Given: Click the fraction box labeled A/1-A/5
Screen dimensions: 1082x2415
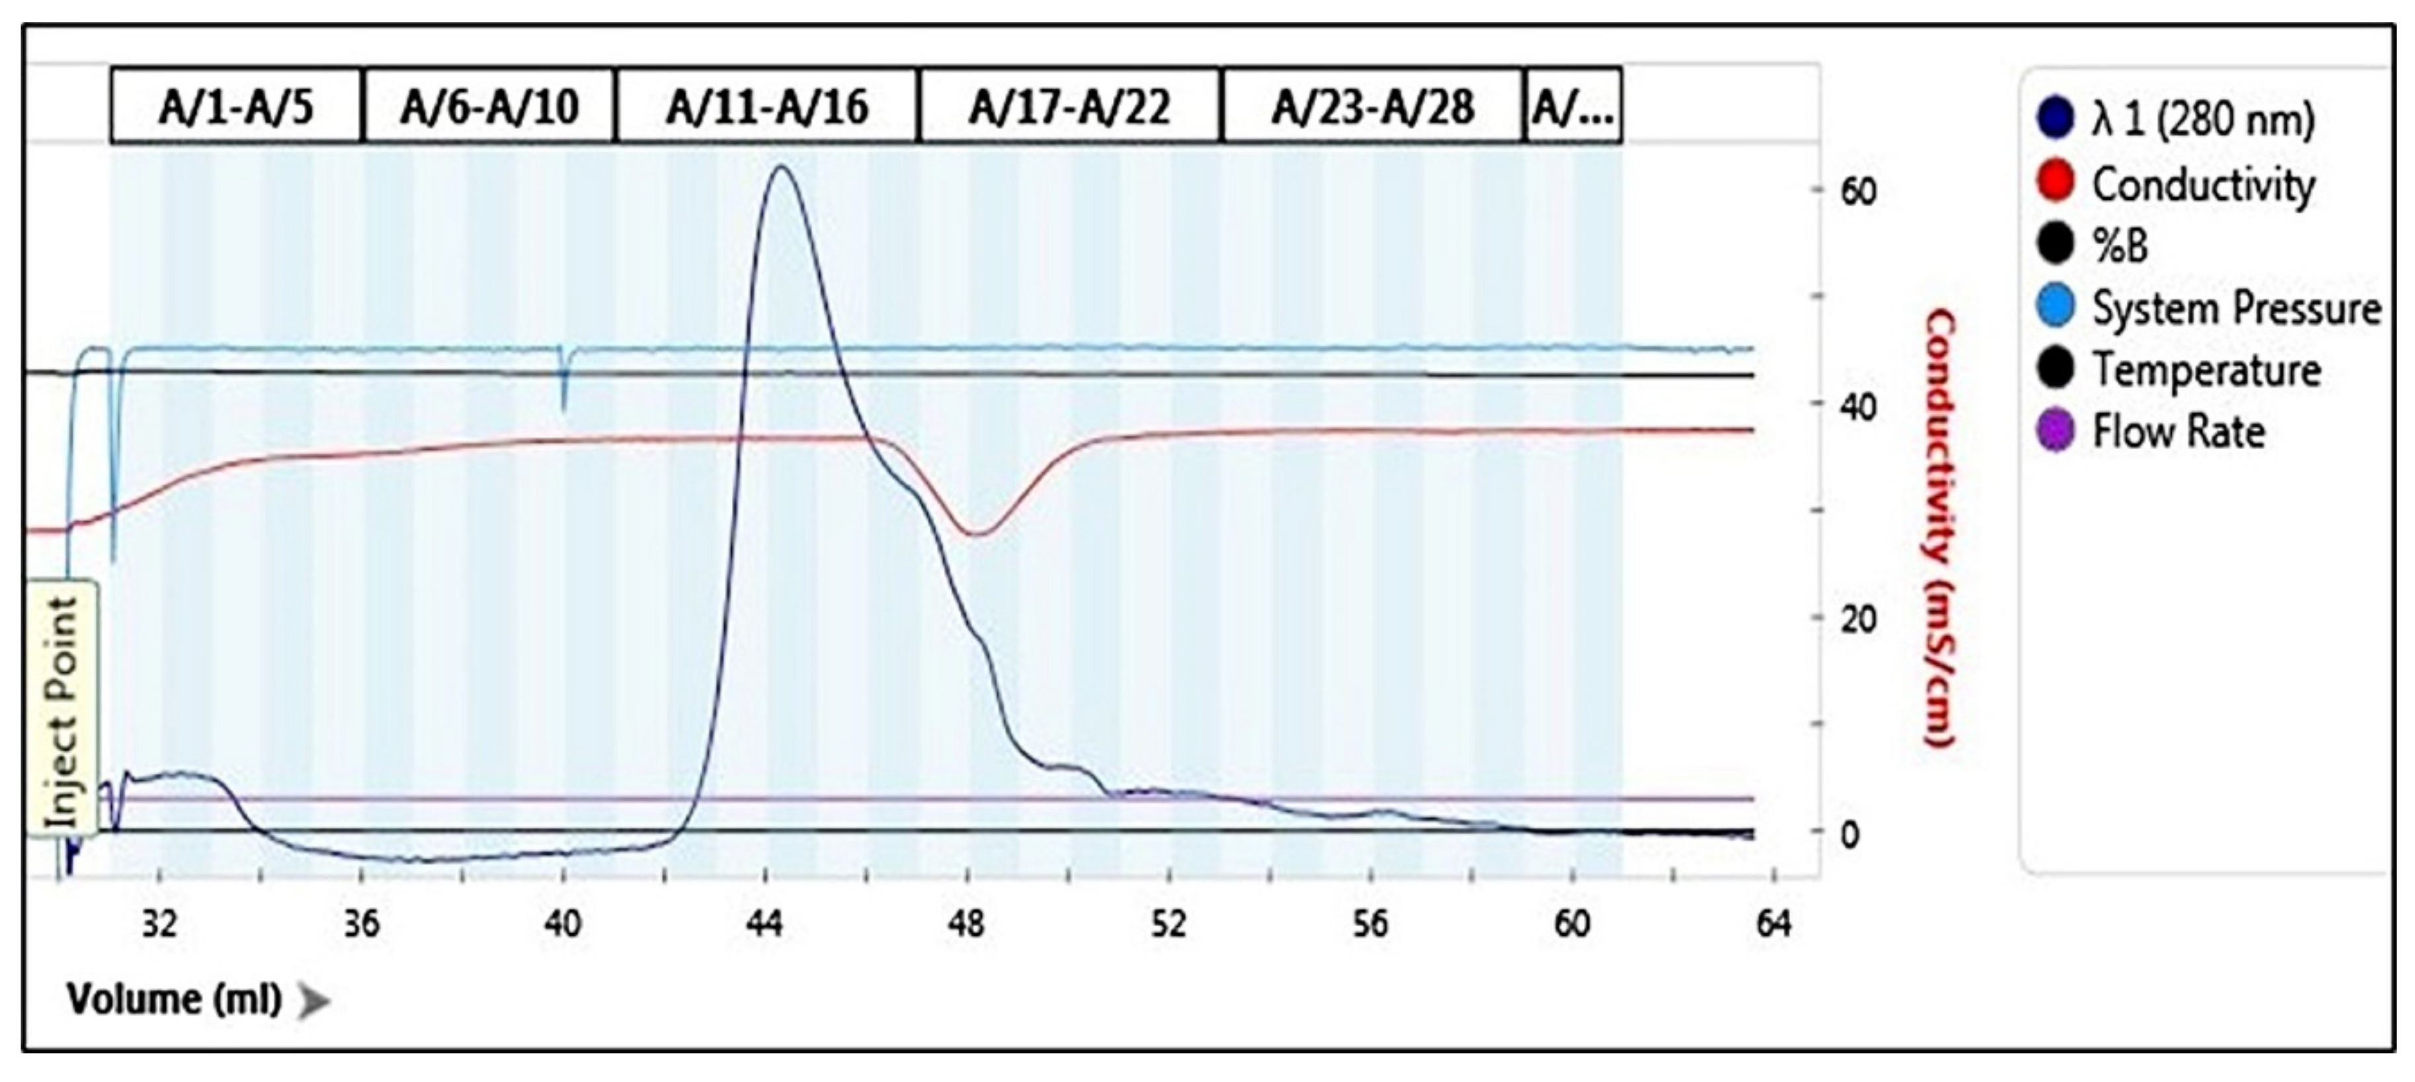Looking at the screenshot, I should coord(235,106).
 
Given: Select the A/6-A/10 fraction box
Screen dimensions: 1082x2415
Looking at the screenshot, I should coord(489,106).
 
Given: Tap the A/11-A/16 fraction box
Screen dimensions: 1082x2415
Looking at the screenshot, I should coord(766,106).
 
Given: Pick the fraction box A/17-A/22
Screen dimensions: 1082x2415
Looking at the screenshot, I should coord(1070,106).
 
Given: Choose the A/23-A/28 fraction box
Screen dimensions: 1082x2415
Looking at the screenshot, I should coord(1373,106).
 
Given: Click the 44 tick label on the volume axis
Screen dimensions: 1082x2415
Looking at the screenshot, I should coord(765,925).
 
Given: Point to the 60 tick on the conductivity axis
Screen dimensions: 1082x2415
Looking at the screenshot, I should coord(1858,191).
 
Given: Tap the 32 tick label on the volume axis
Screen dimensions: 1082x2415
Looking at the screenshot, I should coord(159,925).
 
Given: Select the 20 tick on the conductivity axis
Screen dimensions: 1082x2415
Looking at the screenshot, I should coord(1858,619).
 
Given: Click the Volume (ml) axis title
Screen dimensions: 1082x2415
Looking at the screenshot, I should coord(175,999).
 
